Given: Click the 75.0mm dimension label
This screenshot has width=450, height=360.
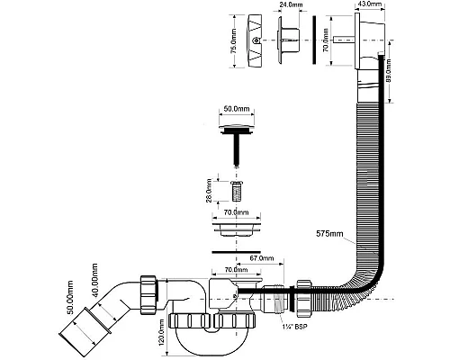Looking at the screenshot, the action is (234, 41).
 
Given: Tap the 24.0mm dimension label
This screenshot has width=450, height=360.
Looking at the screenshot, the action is (291, 4).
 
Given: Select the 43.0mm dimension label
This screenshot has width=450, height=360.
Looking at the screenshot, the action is (370, 4).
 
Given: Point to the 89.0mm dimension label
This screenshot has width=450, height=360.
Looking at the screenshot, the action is (388, 71).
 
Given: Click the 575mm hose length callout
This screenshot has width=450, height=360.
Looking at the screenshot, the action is (329, 234).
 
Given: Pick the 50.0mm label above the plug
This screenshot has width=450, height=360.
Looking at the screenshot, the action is (237, 109).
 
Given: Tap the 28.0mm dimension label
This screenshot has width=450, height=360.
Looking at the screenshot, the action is (210, 191).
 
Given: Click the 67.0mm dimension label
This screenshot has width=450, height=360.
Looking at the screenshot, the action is (262, 258).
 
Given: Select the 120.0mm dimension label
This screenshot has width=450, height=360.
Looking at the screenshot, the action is (162, 332).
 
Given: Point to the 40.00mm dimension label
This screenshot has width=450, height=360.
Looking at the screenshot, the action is (94, 280).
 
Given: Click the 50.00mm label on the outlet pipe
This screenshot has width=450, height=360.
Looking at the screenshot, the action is (70, 297).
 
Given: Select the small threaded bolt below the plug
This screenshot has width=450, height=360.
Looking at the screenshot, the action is (237, 191).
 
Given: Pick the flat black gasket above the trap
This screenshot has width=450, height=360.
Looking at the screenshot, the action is (236, 252).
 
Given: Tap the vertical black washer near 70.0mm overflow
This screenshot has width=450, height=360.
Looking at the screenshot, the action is (314, 40).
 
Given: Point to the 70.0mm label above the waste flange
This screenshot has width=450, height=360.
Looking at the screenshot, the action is (236, 212).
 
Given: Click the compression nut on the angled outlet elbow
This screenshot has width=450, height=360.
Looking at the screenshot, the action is (148, 294).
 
